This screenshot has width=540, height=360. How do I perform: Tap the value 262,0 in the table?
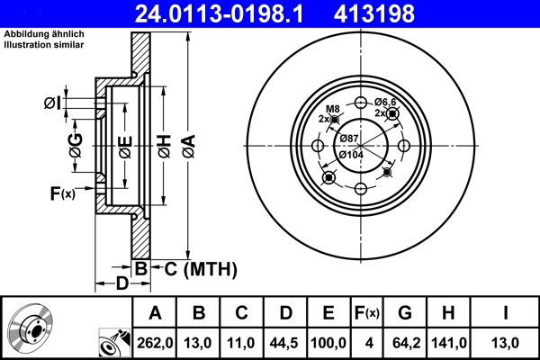pyautogui.click(x=154, y=341)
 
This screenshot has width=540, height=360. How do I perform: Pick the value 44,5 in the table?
pyautogui.click(x=285, y=341)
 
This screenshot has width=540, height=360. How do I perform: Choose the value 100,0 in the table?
pyautogui.click(x=328, y=341)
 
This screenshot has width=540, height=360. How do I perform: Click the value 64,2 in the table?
pyautogui.click(x=405, y=341)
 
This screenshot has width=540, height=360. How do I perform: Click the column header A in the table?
pyautogui.click(x=154, y=312)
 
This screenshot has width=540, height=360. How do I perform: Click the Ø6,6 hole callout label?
pyautogui.click(x=386, y=101)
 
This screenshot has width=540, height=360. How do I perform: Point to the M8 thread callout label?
pyautogui.click(x=331, y=109)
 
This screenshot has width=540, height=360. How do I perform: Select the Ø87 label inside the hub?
pyautogui.click(x=349, y=138)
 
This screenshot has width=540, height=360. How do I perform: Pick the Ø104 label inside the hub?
pyautogui.click(x=352, y=154)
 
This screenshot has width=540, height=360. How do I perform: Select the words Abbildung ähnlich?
pyautogui.click(x=44, y=33)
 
